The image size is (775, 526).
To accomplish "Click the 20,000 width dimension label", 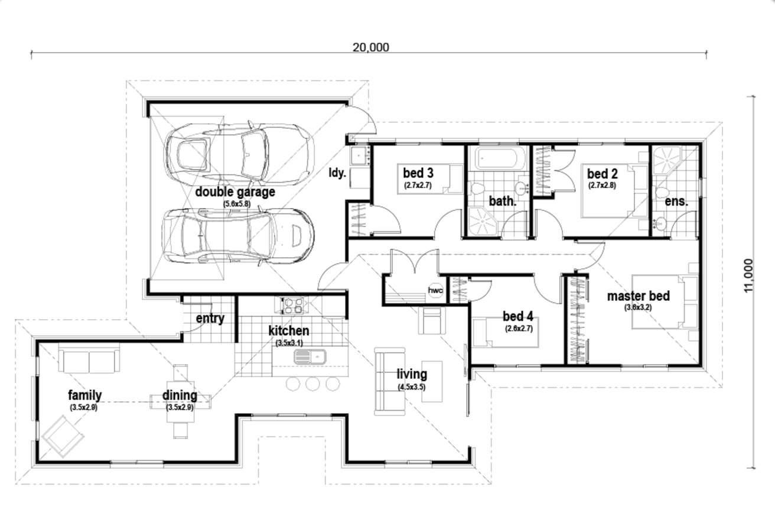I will (x=371, y=47).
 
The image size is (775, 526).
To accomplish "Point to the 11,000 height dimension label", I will (x=748, y=275).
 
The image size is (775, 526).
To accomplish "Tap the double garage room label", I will (x=235, y=192).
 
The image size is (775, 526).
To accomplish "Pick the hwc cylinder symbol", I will (x=435, y=291).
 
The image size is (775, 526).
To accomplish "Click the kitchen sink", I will (x=310, y=357).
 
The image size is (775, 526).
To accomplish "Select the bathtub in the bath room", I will (x=496, y=160).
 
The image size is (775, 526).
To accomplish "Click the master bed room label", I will (x=638, y=296).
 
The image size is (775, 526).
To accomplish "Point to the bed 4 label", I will (x=518, y=316).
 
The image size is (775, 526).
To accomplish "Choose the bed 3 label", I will (x=418, y=173).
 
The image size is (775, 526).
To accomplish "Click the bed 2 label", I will (x=602, y=174).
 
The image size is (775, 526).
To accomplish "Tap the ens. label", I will (x=676, y=201).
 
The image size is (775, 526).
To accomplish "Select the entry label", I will (x=210, y=319).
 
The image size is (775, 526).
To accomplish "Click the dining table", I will (x=180, y=402).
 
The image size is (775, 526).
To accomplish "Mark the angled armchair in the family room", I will (x=62, y=436).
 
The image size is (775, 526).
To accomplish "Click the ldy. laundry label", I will (x=337, y=173).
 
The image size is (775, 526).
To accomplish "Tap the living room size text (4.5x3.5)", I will (x=412, y=387).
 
